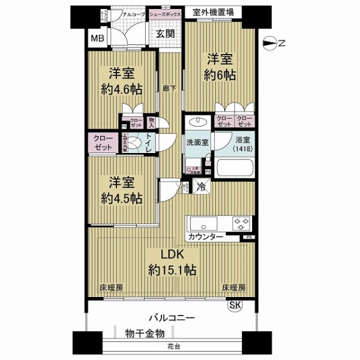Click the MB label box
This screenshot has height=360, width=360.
pos(97,40)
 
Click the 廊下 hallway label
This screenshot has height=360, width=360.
pos(169,88)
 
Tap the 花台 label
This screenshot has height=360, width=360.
pos(172,348)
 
